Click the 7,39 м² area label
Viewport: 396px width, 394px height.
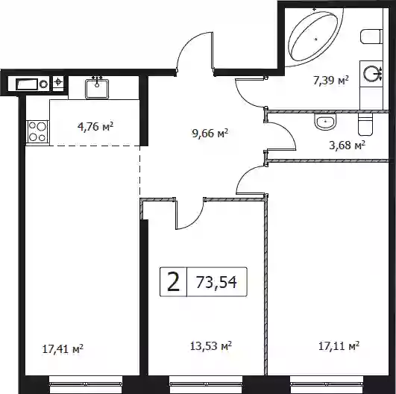point(331,81)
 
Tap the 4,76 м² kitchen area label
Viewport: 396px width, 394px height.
point(95,126)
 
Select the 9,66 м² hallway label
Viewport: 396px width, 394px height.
point(210,133)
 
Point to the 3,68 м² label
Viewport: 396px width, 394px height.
point(348,146)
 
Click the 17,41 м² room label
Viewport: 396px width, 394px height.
point(63,349)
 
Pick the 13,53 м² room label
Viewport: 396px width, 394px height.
point(211,346)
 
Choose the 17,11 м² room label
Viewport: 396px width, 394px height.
point(339,346)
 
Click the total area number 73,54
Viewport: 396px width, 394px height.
point(216,282)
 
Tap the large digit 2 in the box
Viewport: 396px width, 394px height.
point(174,282)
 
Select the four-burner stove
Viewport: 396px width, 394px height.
point(37,131)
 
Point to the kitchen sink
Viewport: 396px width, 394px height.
point(97,89)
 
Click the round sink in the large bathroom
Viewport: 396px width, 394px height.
point(371,74)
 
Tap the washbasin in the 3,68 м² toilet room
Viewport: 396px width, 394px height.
point(325,122)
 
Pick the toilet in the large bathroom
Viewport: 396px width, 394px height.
point(371,37)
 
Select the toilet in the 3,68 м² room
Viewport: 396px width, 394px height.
point(365,124)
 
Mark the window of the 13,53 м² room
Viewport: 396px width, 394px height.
point(206,384)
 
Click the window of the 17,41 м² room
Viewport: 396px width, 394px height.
point(86,384)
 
